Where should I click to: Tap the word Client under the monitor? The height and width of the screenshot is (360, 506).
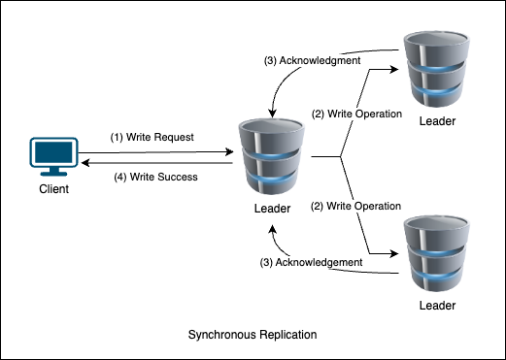point(54,189)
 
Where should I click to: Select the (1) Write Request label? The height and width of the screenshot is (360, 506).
point(153,138)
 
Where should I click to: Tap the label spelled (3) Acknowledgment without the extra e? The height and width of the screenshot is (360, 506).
point(313,60)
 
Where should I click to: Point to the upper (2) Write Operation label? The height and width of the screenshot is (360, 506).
point(355,114)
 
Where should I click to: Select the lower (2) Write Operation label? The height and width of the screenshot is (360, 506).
point(355,206)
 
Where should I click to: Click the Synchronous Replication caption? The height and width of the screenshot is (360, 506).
point(252,335)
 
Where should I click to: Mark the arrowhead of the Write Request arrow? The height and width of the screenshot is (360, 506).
point(230,151)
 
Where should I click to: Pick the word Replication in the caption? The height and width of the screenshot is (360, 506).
point(287,335)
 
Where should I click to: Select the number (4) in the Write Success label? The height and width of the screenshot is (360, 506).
point(119,177)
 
